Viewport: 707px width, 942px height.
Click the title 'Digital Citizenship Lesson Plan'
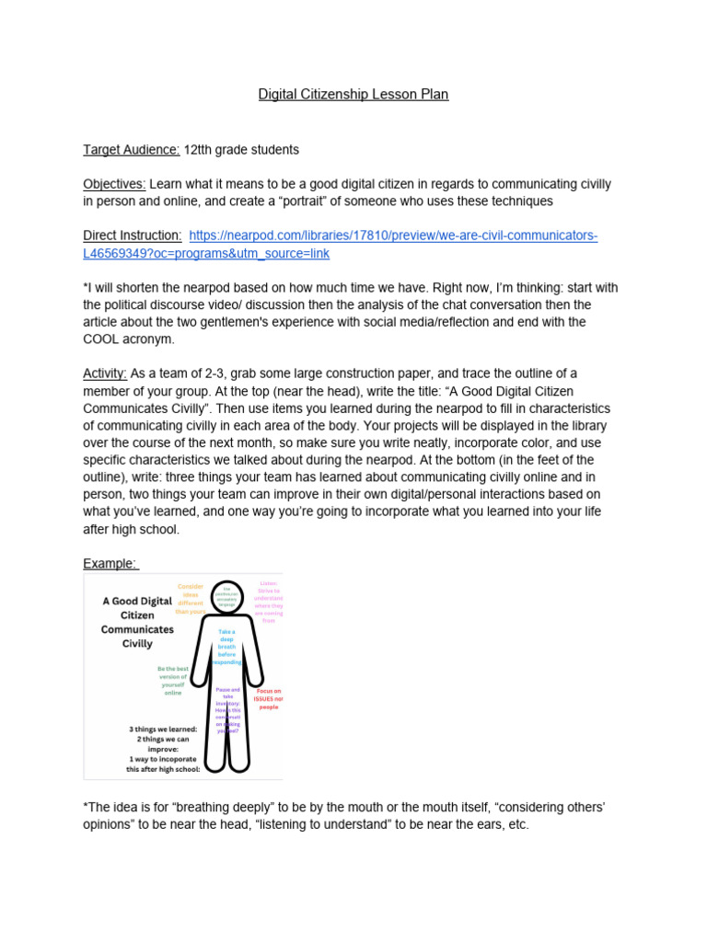[x=353, y=94]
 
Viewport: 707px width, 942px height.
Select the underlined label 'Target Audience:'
[x=132, y=149]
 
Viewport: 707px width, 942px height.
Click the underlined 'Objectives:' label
[x=114, y=184]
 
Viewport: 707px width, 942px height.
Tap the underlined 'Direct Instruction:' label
[x=133, y=236]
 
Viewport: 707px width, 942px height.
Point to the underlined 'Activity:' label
[x=105, y=373]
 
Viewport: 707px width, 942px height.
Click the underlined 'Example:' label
[x=110, y=563]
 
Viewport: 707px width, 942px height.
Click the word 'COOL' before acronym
[x=102, y=339]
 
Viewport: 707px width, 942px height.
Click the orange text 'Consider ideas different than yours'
[x=191, y=599]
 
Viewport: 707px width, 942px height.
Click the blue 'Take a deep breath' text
[x=226, y=647]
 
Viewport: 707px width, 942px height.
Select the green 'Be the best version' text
[x=173, y=682]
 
